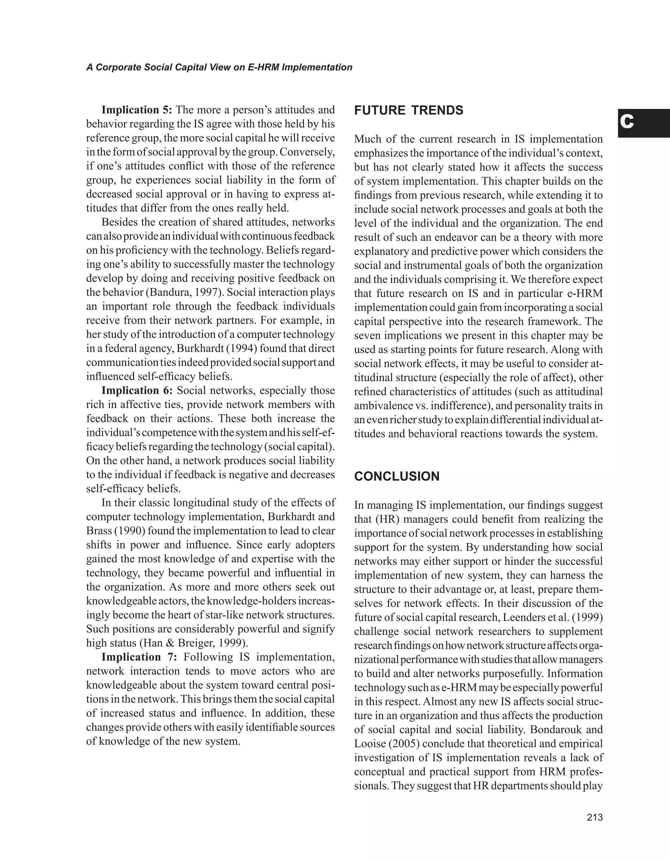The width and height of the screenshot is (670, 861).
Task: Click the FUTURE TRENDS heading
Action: coord(409,111)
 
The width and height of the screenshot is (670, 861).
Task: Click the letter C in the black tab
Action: coord(627,122)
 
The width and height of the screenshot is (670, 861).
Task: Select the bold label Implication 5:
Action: coord(137,110)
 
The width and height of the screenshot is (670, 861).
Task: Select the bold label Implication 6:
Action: coord(137,390)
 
